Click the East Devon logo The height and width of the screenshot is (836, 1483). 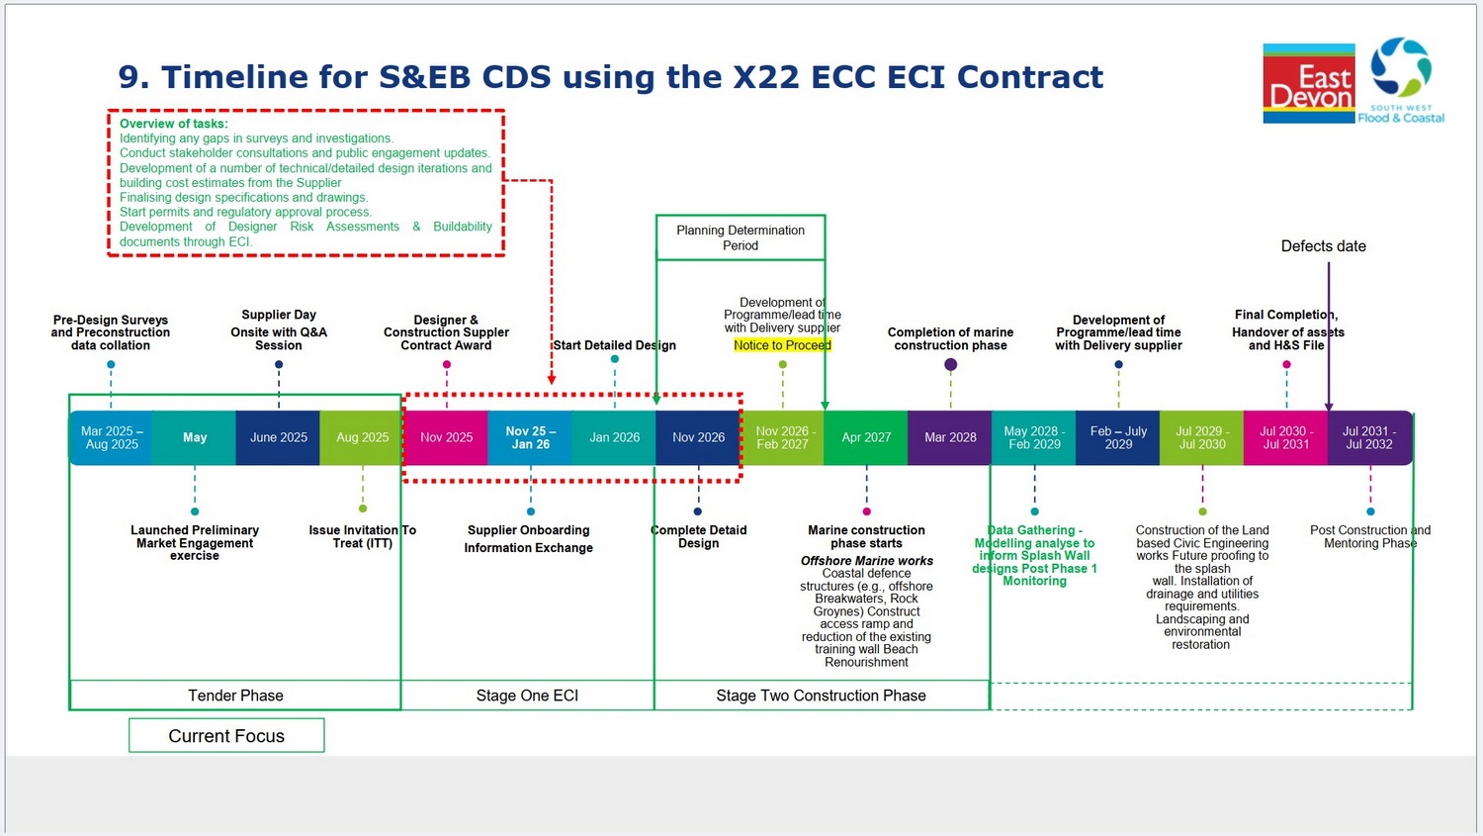pyautogui.click(x=1308, y=84)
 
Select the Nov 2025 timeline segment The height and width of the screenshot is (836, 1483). pyautogui.click(x=446, y=437)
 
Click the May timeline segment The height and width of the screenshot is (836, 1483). pyautogui.click(x=195, y=437)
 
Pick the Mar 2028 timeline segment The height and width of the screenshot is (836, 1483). pyautogui.click(x=950, y=437)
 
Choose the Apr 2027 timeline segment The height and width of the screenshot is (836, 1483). pyautogui.click(x=866, y=437)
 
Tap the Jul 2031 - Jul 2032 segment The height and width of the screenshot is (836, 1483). pyautogui.click(x=1369, y=437)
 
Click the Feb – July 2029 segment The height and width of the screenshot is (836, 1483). pyautogui.click(x=1118, y=437)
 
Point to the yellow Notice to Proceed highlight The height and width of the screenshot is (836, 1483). pyautogui.click(x=782, y=345)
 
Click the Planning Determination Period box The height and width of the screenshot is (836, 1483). pyautogui.click(x=741, y=237)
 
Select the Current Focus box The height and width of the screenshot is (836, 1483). pyautogui.click(x=226, y=735)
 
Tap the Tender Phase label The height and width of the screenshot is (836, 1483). pyautogui.click(x=235, y=696)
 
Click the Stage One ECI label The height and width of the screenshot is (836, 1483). pyautogui.click(x=527, y=696)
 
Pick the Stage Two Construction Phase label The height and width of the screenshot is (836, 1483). pyautogui.click(x=821, y=696)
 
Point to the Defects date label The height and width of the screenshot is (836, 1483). pyautogui.click(x=1323, y=246)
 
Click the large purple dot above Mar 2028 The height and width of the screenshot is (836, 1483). pyautogui.click(x=950, y=364)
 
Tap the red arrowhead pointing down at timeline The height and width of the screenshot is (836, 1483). pyautogui.click(x=552, y=379)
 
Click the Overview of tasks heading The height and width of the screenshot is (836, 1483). pyautogui.click(x=174, y=124)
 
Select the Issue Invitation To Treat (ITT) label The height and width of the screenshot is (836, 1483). pyautogui.click(x=362, y=536)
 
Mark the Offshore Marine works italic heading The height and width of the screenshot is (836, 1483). pyautogui.click(x=866, y=561)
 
